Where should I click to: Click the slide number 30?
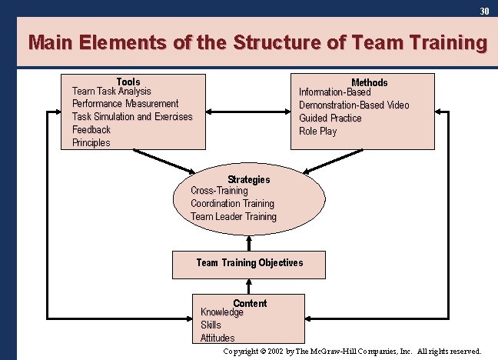coord(484,11)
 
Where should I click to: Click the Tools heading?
coord(128,82)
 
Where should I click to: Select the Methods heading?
coord(370,82)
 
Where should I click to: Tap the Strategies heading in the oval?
coord(249,179)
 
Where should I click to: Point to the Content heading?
coord(250,303)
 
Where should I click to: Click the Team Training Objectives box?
coord(250,263)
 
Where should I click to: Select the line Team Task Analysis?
coord(111,91)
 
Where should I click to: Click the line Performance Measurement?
coord(125,104)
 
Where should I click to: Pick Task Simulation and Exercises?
coord(132,117)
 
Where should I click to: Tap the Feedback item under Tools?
coord(91,130)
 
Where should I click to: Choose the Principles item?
coord(91,143)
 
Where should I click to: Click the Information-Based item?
coord(334,92)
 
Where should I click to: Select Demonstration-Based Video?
coord(354,105)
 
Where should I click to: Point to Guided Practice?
coord(330,118)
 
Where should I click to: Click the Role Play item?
coord(317,132)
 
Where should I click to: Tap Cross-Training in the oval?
coord(219,191)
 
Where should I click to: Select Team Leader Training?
coord(234,217)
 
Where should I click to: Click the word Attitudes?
coord(217,338)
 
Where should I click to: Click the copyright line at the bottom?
coord(352,352)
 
